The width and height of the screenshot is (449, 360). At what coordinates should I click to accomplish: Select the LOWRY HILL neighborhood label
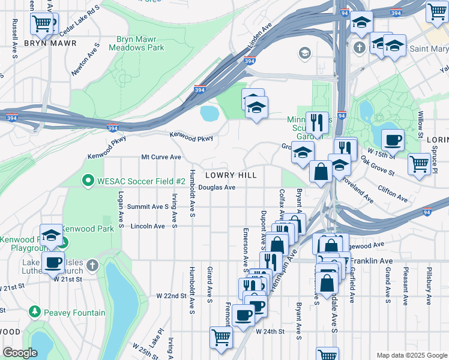(231, 175)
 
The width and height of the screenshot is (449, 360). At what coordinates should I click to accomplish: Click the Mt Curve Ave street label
(161, 157)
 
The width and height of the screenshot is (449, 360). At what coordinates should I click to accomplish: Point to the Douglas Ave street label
(217, 187)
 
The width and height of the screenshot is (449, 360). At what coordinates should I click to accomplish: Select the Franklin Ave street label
(371, 261)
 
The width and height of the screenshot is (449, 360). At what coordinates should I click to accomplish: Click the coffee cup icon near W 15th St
(393, 140)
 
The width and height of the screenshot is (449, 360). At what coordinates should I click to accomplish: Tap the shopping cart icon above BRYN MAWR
(41, 23)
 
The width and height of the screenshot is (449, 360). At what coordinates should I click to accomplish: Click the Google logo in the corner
(20, 353)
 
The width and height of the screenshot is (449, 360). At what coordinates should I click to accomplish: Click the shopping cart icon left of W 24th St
(221, 338)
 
